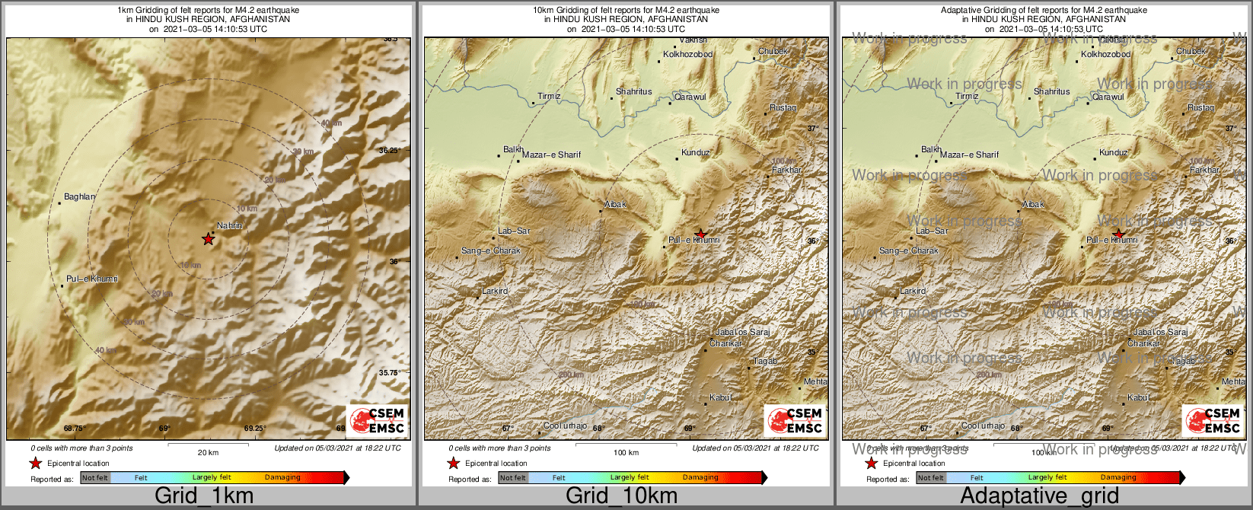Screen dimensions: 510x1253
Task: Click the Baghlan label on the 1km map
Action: pyautogui.click(x=79, y=196)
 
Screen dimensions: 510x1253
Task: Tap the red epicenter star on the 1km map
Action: pyautogui.click(x=208, y=239)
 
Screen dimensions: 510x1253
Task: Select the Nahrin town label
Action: pyautogui.click(x=229, y=225)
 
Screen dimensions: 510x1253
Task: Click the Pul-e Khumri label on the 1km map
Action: pyautogui.click(x=91, y=279)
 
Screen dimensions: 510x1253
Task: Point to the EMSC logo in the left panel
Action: pyautogui.click(x=377, y=421)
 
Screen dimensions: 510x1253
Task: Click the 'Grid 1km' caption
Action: pyautogui.click(x=204, y=496)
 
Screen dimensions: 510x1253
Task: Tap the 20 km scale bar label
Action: pyautogui.click(x=208, y=452)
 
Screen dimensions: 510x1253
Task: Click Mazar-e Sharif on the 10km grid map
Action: pyautogui.click(x=551, y=155)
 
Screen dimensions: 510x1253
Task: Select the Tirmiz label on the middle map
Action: pyautogui.click(x=549, y=97)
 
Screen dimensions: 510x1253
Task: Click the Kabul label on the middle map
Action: pyautogui.click(x=720, y=397)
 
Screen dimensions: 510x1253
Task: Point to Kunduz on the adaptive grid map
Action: pyautogui.click(x=1113, y=152)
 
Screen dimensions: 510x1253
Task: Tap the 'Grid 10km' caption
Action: pyautogui.click(x=621, y=496)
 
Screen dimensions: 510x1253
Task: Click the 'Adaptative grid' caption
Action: pyautogui.click(x=1039, y=496)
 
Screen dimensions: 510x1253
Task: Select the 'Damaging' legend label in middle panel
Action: pyautogui.click(x=700, y=477)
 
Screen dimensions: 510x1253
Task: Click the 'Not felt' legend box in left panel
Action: pyautogui.click(x=95, y=477)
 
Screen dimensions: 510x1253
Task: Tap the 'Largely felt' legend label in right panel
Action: pyautogui.click(x=1047, y=477)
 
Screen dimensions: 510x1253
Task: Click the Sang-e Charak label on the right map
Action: pyautogui.click(x=908, y=250)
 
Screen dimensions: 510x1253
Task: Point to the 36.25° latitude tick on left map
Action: pyautogui.click(x=390, y=151)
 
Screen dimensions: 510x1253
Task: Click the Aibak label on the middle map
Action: pyautogui.click(x=615, y=204)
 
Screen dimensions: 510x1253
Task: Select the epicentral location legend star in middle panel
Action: pyautogui.click(x=453, y=463)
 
